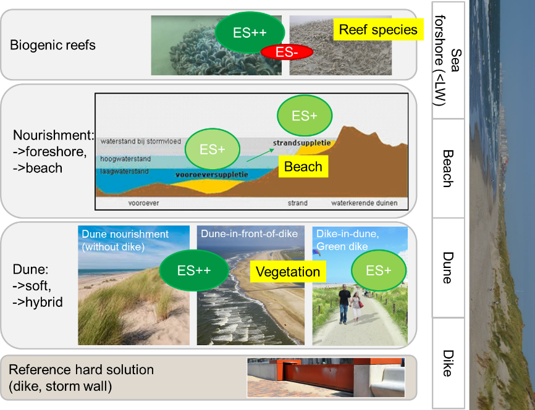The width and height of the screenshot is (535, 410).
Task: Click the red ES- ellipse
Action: tap(287, 53)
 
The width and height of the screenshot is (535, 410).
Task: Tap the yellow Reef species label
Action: tap(378, 30)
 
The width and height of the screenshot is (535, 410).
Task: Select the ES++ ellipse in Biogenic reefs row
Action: tap(250, 32)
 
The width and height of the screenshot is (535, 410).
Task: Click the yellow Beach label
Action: tap(303, 167)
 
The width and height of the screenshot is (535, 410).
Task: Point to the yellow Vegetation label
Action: tap(288, 272)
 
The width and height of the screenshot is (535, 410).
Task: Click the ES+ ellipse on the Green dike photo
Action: tap(378, 270)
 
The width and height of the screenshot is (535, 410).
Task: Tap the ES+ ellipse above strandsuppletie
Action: tap(305, 115)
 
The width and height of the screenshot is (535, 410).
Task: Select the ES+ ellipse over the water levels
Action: tap(213, 149)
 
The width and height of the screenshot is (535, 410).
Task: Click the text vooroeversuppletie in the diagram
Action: tap(212, 175)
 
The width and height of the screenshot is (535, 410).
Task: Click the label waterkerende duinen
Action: tap(364, 203)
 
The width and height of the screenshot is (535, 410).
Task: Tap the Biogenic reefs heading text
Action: tap(53, 45)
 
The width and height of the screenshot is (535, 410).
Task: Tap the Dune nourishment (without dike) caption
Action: tap(125, 240)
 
